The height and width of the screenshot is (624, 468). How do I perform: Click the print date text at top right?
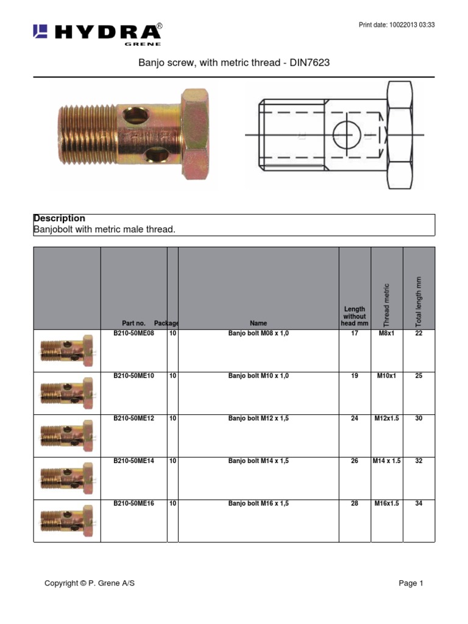[x=396, y=25]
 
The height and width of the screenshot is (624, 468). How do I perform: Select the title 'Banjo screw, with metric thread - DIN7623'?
[x=234, y=63]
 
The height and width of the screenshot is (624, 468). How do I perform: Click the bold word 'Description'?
[x=59, y=218]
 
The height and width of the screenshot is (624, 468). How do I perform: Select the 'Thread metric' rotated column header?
[x=386, y=305]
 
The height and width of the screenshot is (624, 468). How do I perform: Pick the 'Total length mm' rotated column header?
[x=419, y=302]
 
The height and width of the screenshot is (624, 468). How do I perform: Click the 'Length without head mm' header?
[x=355, y=316]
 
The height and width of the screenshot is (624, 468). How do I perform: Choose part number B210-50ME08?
[x=133, y=334]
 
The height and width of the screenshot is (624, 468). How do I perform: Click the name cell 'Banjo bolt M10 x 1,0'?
[x=258, y=376]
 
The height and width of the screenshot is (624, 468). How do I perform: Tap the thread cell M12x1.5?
[x=386, y=419]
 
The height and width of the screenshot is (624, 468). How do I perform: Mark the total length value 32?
[x=419, y=461]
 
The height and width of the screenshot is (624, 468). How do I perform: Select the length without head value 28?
[x=355, y=504]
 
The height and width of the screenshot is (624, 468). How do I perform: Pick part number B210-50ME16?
[x=133, y=504]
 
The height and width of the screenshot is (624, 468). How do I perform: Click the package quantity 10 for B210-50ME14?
[x=172, y=461]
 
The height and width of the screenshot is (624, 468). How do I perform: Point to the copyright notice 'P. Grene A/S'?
[x=90, y=583]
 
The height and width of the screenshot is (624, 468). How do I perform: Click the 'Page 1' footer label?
[x=411, y=583]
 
